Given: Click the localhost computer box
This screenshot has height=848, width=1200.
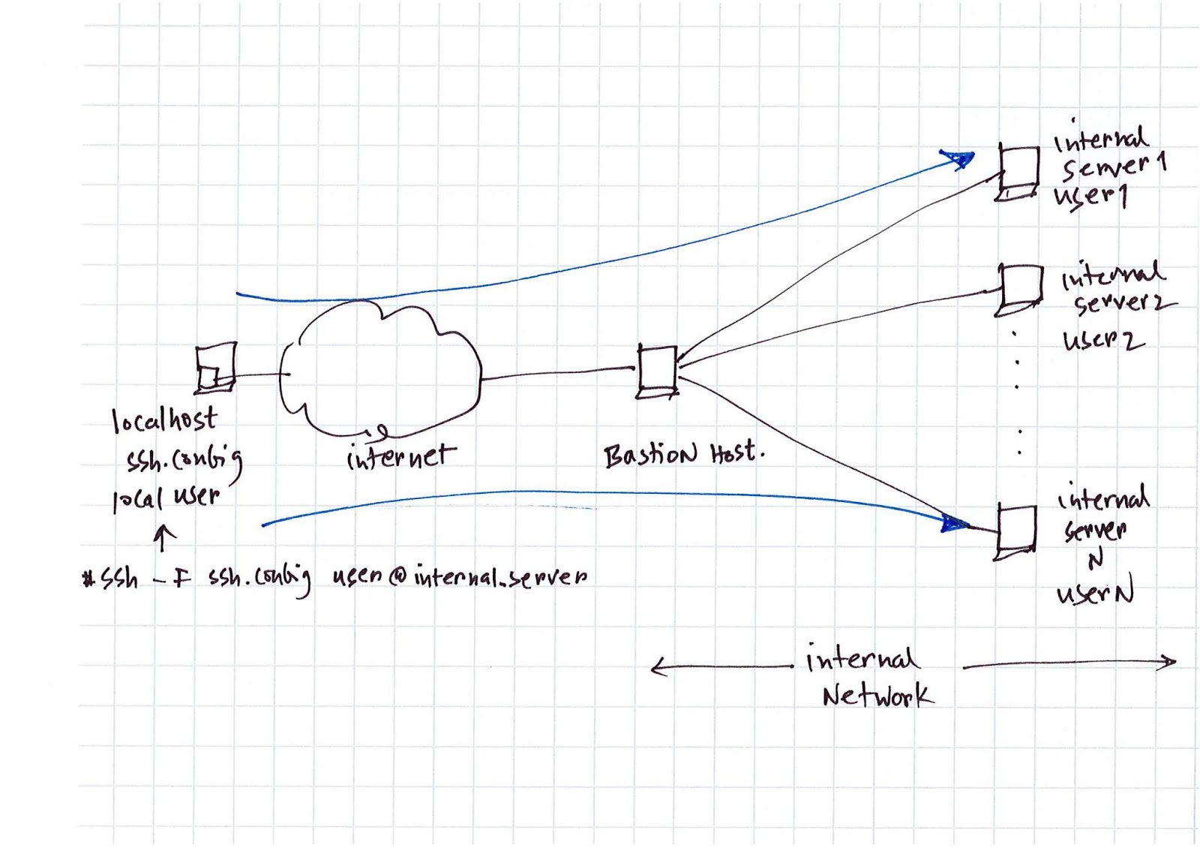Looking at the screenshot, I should pos(216,368).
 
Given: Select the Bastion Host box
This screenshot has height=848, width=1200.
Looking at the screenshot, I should pos(658,371).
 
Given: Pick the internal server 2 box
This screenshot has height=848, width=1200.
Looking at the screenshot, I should pos(1020,289).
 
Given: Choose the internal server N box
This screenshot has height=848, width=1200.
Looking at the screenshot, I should pos(1017,531).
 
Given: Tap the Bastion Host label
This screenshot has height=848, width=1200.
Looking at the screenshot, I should pos(682,454).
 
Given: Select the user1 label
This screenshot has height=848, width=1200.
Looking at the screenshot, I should pos(1090,197).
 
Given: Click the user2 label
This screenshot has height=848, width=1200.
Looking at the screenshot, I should pos(1102,341).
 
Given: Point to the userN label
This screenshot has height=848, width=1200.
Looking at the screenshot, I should pos(1095,594).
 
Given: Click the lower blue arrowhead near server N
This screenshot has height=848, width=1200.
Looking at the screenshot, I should pos(954,523).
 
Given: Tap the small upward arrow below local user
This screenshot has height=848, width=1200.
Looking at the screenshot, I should pos(163,537).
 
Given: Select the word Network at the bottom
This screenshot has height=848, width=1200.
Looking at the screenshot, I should pos(877,696).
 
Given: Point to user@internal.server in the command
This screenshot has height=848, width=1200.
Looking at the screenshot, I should pos(459,576).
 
